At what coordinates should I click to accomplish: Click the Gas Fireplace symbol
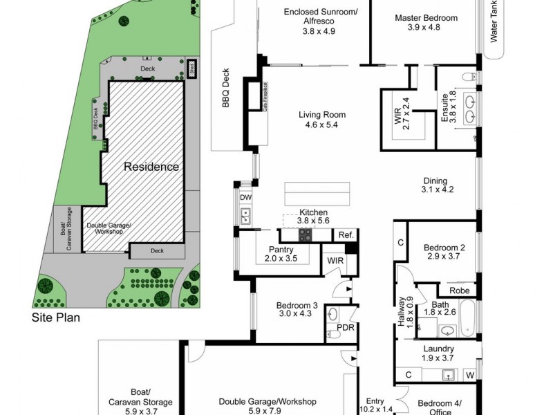click(x=265, y=98)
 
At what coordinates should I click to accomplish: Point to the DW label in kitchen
click(x=245, y=198)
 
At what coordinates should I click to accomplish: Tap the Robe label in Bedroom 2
click(x=460, y=291)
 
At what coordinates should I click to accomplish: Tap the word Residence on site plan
click(x=151, y=167)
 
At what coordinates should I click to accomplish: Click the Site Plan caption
click(x=57, y=319)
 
